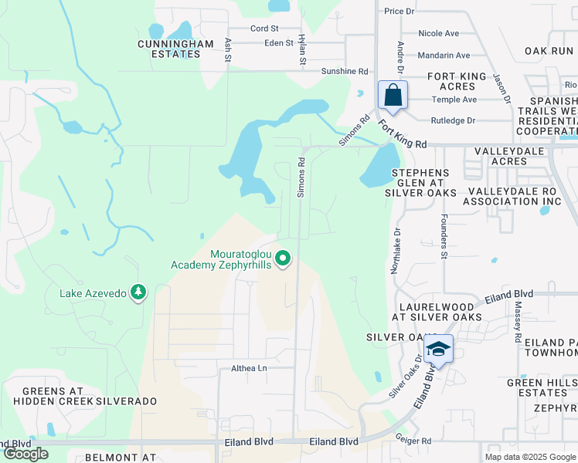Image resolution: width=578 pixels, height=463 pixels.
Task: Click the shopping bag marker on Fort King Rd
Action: (x=393, y=96)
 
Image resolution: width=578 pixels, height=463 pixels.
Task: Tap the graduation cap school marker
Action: (x=438, y=350)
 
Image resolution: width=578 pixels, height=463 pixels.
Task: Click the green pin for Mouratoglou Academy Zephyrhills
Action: (x=284, y=259)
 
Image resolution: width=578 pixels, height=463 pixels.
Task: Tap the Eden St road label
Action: (x=279, y=43)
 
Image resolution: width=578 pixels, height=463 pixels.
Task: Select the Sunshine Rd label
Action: (x=345, y=71)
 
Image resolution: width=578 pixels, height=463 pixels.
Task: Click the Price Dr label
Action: (x=399, y=12)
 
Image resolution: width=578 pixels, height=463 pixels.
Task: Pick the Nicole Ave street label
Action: (x=438, y=34)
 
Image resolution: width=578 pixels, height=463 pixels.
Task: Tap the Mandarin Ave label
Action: (x=444, y=56)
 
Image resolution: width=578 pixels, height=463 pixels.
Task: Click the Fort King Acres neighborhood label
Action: (x=457, y=82)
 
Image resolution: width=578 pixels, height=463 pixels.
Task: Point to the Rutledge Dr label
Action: (x=453, y=120)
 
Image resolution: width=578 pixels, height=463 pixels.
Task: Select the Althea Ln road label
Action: (x=249, y=368)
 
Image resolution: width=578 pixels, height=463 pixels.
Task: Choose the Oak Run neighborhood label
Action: (x=549, y=51)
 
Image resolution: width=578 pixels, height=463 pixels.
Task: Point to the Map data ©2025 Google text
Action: (x=529, y=457)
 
